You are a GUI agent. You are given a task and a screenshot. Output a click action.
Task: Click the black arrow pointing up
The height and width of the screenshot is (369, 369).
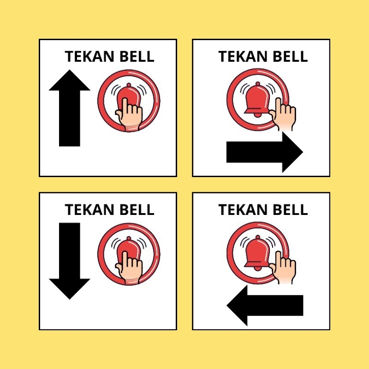[70, 108]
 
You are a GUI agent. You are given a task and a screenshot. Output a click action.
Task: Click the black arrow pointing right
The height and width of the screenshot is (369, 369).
[264, 152]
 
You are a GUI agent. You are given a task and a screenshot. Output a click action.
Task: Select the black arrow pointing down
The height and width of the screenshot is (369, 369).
[70, 261]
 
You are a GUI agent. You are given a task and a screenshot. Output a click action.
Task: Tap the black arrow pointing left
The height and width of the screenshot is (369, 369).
[264, 305]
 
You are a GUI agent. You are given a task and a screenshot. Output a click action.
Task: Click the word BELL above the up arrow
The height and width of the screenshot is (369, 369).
[137, 56]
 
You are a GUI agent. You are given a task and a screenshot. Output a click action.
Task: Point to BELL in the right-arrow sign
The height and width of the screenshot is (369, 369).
[291, 56]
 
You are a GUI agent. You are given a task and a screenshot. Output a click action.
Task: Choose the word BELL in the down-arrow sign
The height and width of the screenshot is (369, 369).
[137, 210]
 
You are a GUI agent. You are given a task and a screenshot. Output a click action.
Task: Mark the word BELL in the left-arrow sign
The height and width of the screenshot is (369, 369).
[291, 210]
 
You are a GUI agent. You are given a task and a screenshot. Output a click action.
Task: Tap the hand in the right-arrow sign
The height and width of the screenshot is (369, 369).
[283, 114]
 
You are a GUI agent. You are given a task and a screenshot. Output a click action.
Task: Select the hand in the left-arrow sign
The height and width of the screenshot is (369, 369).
[283, 268]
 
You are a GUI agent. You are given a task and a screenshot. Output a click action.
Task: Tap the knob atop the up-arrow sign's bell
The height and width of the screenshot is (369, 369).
[129, 85]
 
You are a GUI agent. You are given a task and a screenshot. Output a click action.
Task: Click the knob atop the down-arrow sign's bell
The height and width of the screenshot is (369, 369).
[129, 238]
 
